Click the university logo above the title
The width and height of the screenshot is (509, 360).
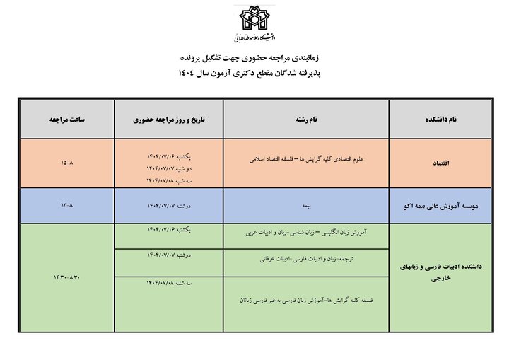coord(254,23)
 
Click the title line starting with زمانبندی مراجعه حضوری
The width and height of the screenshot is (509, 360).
coord(254,55)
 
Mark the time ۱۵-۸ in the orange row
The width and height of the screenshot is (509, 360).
coord(66,163)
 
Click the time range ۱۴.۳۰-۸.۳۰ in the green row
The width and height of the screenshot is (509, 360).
coord(66,275)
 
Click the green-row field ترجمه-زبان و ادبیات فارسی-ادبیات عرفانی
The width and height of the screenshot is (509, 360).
coord(306,260)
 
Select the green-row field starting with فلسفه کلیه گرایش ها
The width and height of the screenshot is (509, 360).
coord(306,300)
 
